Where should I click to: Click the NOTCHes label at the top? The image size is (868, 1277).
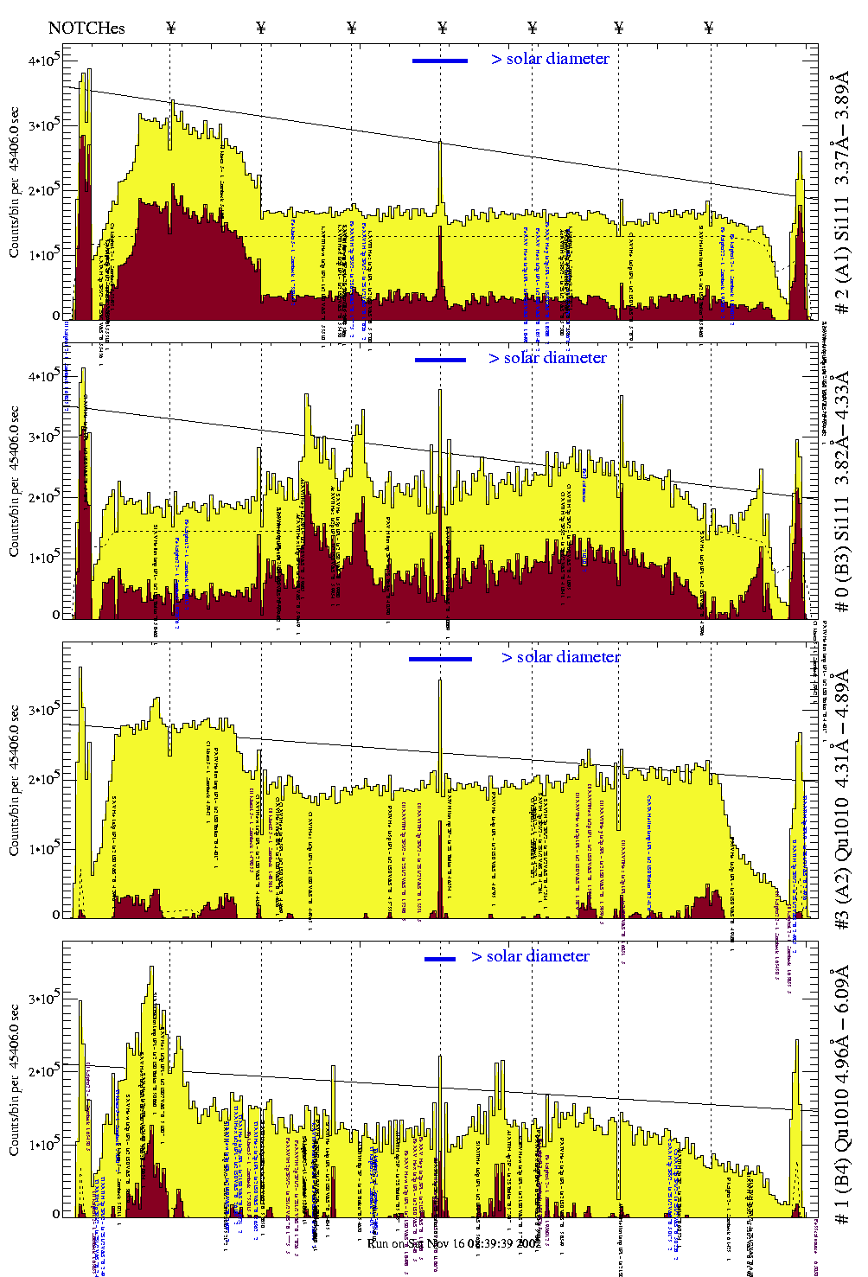tap(86, 28)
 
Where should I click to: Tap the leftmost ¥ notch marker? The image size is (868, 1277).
tap(170, 28)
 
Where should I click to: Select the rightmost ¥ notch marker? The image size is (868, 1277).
tap(709, 28)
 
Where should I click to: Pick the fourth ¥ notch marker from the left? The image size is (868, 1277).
tap(443, 28)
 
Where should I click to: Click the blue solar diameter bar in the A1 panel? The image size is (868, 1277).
tap(440, 61)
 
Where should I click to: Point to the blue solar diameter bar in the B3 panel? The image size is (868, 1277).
tap(440, 360)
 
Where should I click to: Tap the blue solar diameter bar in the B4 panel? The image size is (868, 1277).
tap(440, 959)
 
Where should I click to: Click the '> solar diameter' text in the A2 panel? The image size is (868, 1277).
tap(560, 657)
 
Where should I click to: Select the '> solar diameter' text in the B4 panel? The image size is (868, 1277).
tap(530, 956)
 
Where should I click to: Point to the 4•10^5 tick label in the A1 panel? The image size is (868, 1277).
tap(42, 61)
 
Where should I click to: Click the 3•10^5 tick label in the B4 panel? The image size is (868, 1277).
tap(42, 999)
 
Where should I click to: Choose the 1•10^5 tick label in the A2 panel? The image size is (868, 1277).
tap(42, 849)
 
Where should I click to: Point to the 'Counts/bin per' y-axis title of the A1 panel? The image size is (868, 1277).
tap(15, 182)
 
